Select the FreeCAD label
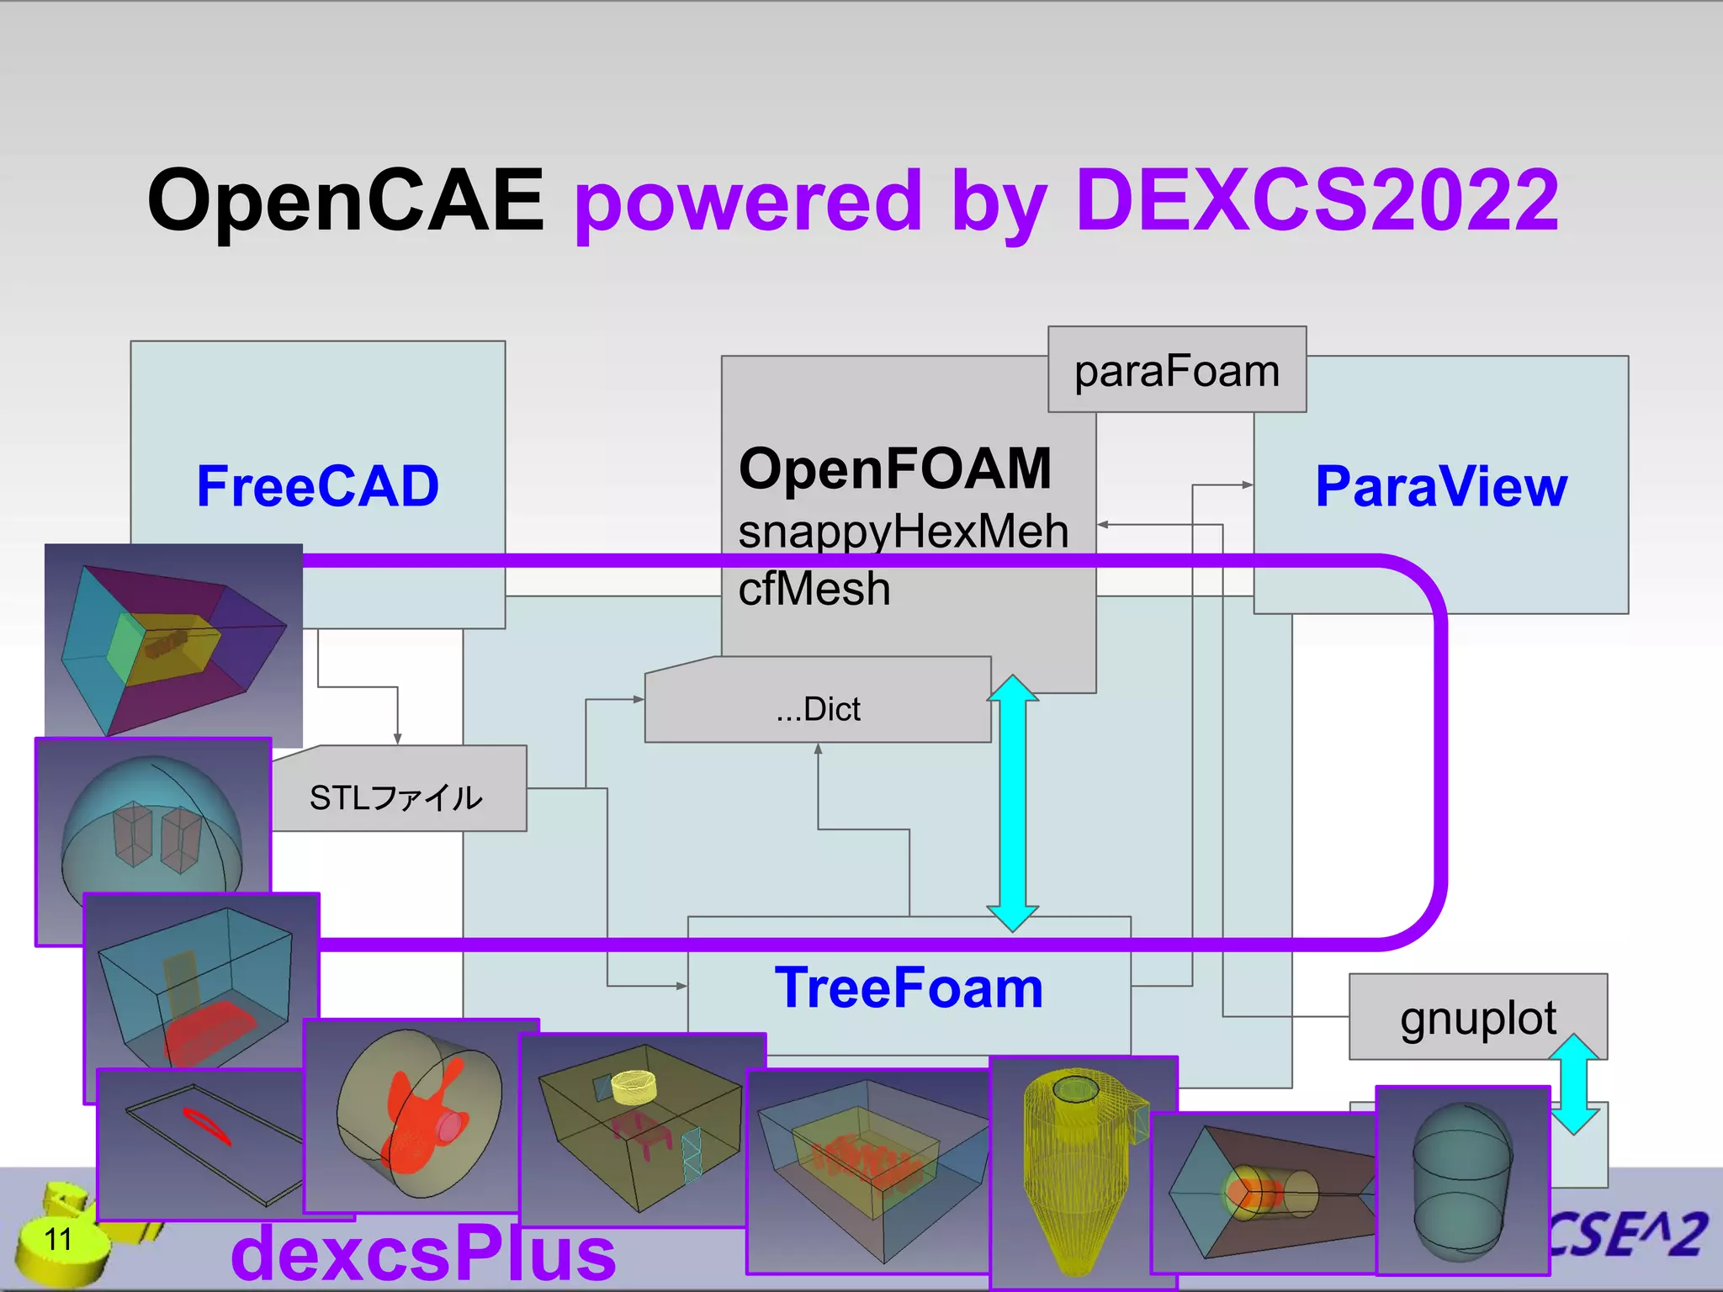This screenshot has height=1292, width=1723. (317, 486)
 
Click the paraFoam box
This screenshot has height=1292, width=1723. (1176, 370)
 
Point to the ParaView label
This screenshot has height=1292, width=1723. (1440, 486)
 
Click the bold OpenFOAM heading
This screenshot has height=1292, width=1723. (895, 468)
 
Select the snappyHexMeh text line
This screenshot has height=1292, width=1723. (903, 532)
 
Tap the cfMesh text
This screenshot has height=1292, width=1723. (814, 588)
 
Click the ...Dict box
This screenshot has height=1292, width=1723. (818, 708)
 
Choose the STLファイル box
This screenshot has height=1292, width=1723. (397, 797)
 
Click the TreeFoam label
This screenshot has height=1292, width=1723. (909, 988)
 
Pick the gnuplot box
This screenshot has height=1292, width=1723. (1477, 1018)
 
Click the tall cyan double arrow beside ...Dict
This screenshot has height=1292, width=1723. (1012, 803)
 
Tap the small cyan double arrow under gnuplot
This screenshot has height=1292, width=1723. (1573, 1085)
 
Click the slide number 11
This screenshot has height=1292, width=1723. (58, 1239)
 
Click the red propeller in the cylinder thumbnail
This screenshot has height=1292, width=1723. (421, 1115)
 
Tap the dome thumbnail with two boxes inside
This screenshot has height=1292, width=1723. (151, 824)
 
